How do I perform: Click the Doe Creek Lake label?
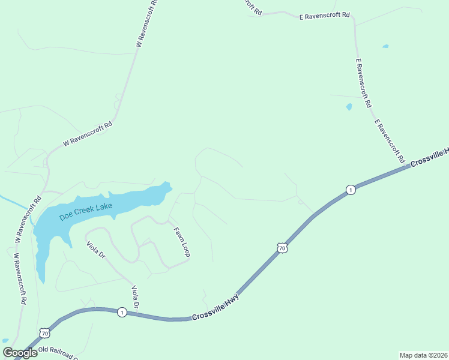[x=86, y=211]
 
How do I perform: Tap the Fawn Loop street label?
[x=182, y=242]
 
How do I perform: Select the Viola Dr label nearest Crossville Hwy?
[x=136, y=299]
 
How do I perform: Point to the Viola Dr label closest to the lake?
[x=96, y=250]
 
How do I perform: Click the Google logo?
[x=20, y=353]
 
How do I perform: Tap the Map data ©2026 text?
[x=423, y=355]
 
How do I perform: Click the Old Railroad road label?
[x=58, y=353]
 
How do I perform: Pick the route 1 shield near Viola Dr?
[x=122, y=313]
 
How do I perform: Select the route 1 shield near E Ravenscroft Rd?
[x=350, y=190]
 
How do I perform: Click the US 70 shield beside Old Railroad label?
[x=44, y=332]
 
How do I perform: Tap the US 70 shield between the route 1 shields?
[x=282, y=247]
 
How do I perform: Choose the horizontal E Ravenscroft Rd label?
[x=324, y=16]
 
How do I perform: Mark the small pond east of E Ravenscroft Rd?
[x=385, y=46]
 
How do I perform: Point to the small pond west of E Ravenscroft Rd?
[x=349, y=107]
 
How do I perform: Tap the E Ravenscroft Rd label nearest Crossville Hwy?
[x=389, y=142]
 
